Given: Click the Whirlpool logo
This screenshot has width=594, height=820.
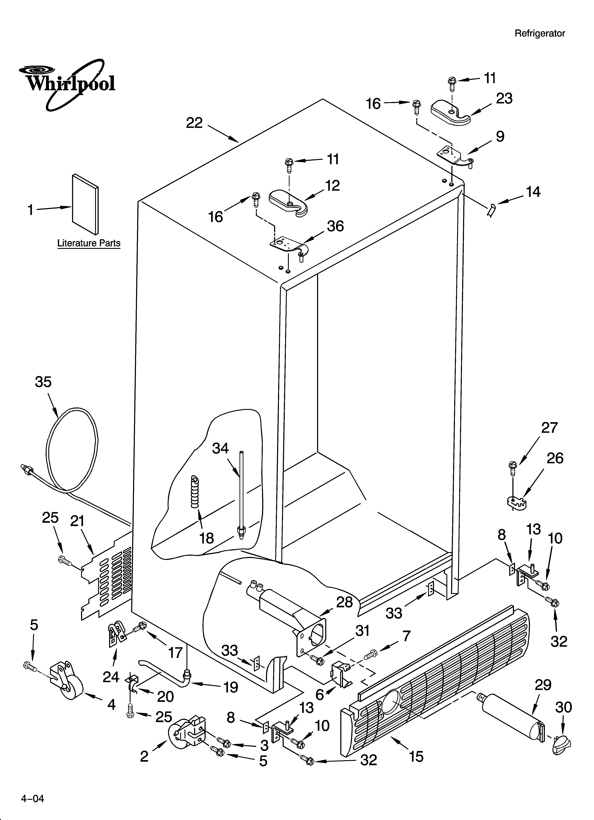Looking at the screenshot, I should tap(67, 83).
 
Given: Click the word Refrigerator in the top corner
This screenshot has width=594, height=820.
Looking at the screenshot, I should tap(539, 34).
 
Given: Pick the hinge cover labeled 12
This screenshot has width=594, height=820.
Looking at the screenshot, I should tap(288, 204).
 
